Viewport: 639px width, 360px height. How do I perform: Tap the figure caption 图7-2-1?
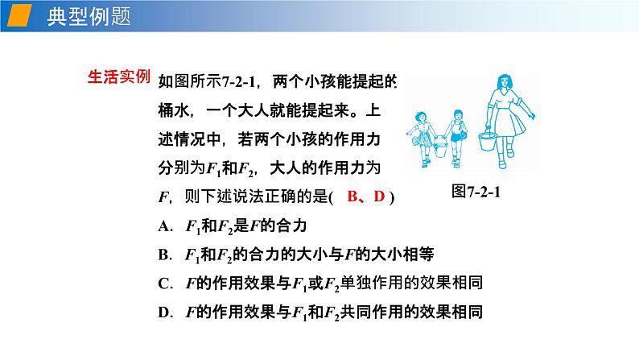pyautogui.click(x=477, y=193)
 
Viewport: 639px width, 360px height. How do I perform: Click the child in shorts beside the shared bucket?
pyautogui.click(x=458, y=133)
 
